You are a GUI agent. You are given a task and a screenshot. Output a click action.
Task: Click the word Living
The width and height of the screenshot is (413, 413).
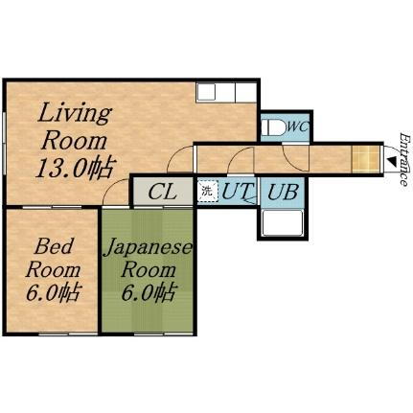click(x=74, y=112)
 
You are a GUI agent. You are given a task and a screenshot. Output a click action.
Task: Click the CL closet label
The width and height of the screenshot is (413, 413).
click(x=162, y=192)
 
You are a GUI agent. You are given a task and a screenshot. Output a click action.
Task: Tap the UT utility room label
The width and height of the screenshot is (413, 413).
click(x=236, y=192)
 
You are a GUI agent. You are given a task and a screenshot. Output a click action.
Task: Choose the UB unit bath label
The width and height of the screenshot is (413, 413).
click(x=282, y=192)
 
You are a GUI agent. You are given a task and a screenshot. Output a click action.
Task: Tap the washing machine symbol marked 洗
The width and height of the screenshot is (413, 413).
click(x=207, y=191)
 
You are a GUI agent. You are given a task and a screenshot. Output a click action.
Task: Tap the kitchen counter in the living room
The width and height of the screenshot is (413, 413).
click(x=226, y=93)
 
